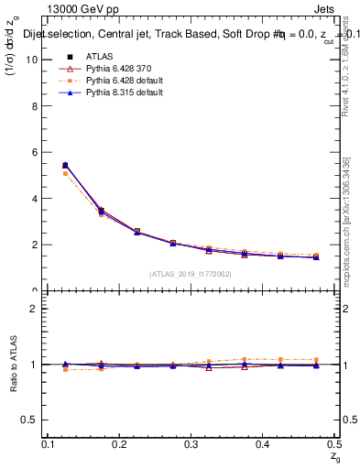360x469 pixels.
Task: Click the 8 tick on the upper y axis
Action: tap(36, 106)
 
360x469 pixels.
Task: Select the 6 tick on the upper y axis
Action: tap(36, 152)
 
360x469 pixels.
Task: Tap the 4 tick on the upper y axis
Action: tap(36, 199)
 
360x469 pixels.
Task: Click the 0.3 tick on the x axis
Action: tap(191, 444)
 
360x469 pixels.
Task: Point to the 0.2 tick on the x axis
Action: tap(119, 444)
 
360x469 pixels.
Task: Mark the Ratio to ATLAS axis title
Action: tap(14, 364)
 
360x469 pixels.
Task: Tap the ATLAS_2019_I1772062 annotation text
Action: tap(191, 274)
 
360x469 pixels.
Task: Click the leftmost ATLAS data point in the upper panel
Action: tap(64, 166)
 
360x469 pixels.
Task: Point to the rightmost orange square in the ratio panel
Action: tap(316, 360)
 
